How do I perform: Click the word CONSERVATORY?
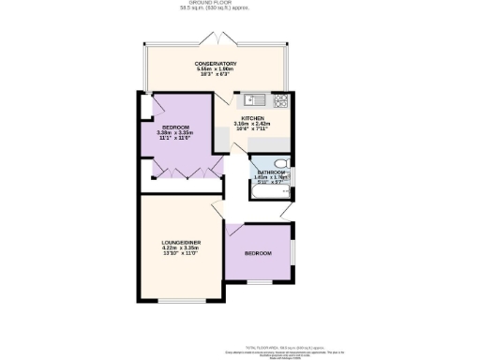(x=217, y=63)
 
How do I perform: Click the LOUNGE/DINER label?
(x=176, y=243)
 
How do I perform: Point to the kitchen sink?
(x=251, y=99)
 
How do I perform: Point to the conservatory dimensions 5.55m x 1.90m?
(x=217, y=68)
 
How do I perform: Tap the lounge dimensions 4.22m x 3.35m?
(x=176, y=248)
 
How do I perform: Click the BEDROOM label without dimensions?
(x=258, y=254)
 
